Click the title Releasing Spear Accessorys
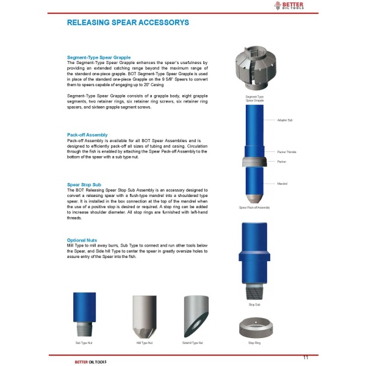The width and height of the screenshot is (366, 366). pos(127,23)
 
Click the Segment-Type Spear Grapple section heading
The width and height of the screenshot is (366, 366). pos(98,57)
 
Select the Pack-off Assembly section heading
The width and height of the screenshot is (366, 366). pos(87,134)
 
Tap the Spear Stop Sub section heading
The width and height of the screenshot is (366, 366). pos(84,184)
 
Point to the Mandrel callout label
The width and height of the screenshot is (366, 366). pos(282,183)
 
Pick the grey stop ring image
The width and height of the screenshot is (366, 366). pos(254,328)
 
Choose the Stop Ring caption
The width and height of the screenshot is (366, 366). pos(254,343)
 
